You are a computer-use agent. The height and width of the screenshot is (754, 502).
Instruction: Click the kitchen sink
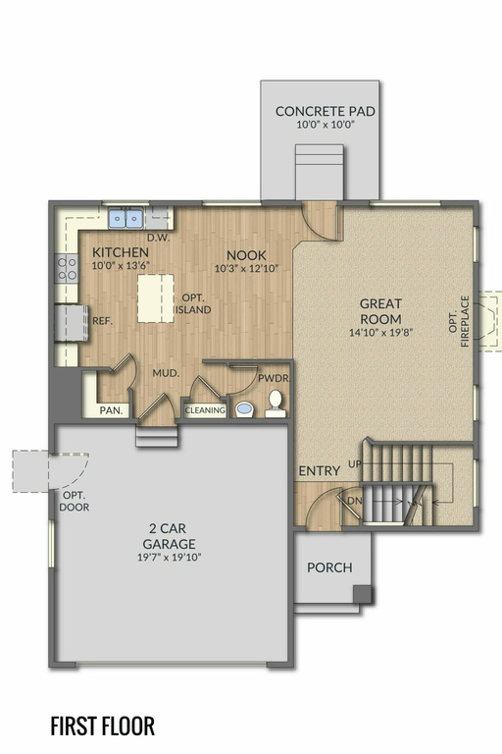[x=125, y=218]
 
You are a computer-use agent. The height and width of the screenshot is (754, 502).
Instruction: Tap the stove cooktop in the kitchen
[x=67, y=268]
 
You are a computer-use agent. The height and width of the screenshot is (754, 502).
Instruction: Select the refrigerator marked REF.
[x=72, y=323]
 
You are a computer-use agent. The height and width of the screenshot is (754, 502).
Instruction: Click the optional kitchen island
[x=156, y=298]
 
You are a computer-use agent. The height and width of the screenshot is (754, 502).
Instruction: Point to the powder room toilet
[x=276, y=404]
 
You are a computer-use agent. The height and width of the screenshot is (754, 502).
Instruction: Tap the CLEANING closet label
[x=205, y=410]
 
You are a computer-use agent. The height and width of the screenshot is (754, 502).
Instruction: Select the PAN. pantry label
[x=111, y=410]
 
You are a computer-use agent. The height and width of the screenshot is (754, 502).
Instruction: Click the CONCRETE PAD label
[x=326, y=111]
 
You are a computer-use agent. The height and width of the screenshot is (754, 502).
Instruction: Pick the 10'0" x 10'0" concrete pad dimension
[x=326, y=125]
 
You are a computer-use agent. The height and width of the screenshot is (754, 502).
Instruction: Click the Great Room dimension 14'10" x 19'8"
[x=381, y=332]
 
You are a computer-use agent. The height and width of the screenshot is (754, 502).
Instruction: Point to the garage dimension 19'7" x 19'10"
[x=169, y=558]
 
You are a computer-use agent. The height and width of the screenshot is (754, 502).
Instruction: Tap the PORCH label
[x=329, y=567]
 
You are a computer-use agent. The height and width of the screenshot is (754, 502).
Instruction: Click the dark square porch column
[x=363, y=594]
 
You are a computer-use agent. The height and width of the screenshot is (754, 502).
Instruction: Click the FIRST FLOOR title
[x=103, y=727]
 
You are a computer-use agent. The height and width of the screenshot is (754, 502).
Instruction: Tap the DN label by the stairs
[x=355, y=501]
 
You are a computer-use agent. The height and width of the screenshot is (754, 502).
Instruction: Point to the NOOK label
[x=246, y=255]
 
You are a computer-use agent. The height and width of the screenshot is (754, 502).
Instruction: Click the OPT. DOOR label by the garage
[x=74, y=501]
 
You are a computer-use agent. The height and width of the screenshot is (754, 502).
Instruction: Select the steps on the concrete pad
[x=320, y=172]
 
